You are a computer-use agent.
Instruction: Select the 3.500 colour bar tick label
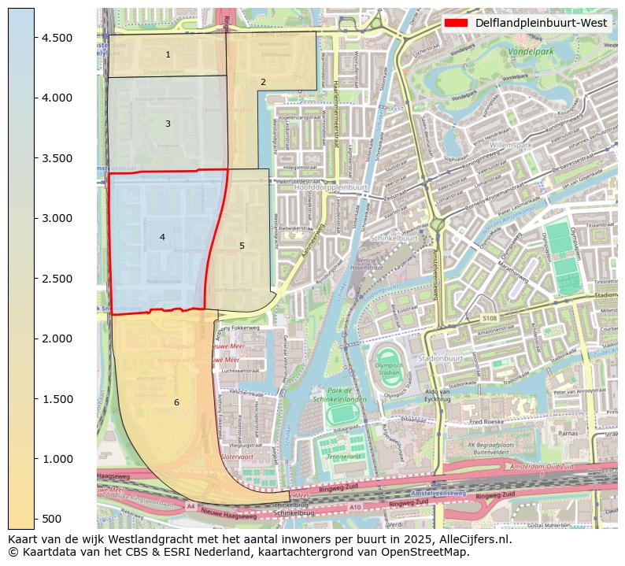pyautogui.click(x=57, y=158)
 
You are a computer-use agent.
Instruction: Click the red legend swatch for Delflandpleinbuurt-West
pyautogui.click(x=456, y=23)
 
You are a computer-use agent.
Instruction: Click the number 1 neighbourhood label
pyautogui.click(x=168, y=54)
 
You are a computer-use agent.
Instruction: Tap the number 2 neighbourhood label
pyautogui.click(x=263, y=82)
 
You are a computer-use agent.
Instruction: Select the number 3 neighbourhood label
pyautogui.click(x=168, y=124)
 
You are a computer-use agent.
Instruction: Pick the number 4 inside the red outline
pyautogui.click(x=162, y=237)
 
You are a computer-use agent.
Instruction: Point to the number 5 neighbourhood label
pyautogui.click(x=242, y=246)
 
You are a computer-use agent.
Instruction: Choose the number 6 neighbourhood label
pyautogui.click(x=176, y=402)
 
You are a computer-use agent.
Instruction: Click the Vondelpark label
pyautogui.click(x=531, y=52)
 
